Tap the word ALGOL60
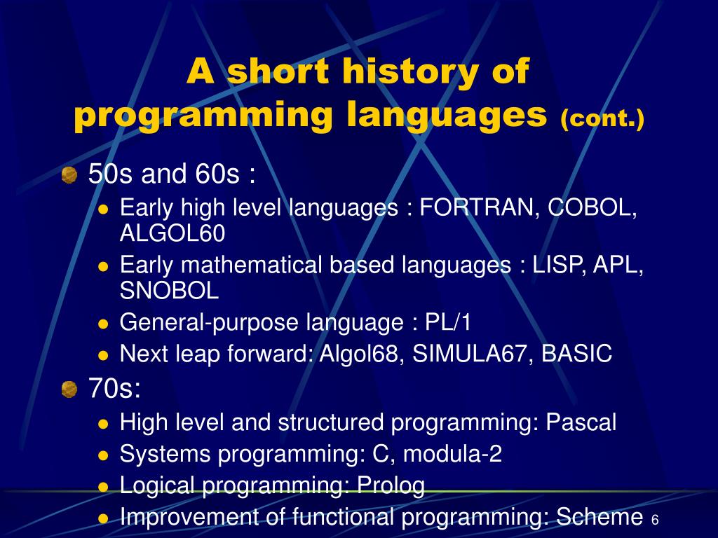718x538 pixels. [x=172, y=233]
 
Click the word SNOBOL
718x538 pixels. [x=169, y=290]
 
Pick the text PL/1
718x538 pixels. [x=449, y=322]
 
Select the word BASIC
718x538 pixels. [x=576, y=354]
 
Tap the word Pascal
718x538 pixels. [x=581, y=422]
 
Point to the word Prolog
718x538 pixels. [x=391, y=485]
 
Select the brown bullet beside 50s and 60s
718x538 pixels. [x=69, y=175]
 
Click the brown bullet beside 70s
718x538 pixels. [x=69, y=389]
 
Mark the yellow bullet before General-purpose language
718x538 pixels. [x=103, y=324]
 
